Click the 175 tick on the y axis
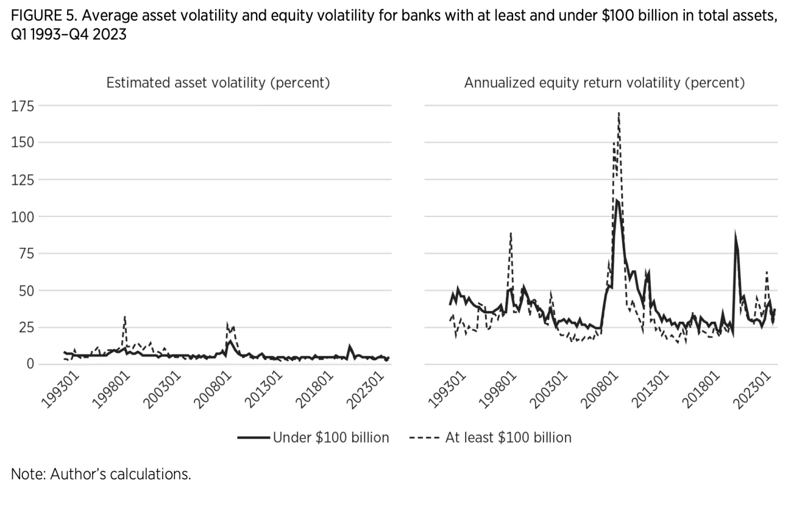(22, 106)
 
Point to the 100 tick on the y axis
(22, 217)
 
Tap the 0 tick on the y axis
(30, 364)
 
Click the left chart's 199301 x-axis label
(61, 390)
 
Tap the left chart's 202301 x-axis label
(366, 390)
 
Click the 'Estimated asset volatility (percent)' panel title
(218, 83)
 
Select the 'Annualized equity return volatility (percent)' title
(604, 83)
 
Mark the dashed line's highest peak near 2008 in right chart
(619, 114)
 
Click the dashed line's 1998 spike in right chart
(510, 233)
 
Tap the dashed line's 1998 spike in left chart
(125, 317)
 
